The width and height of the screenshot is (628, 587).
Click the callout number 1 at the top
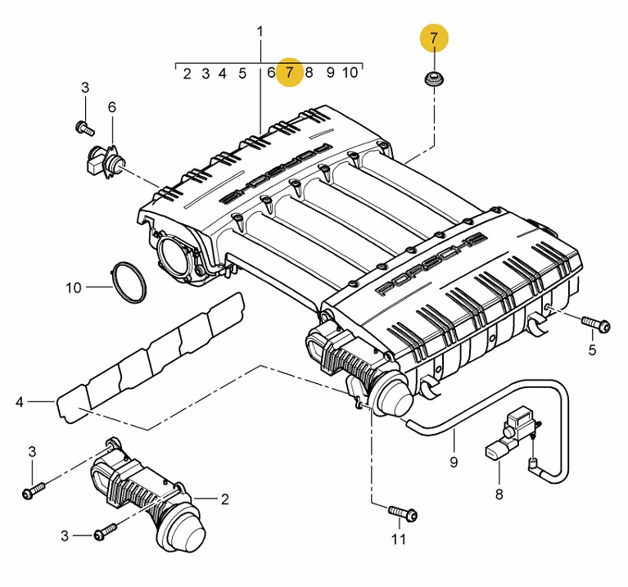[260, 32]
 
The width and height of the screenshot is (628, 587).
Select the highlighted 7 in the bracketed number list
[290, 73]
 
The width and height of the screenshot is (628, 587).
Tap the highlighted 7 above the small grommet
[434, 38]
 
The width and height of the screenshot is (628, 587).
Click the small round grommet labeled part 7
[434, 79]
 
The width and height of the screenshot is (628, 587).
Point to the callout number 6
[112, 107]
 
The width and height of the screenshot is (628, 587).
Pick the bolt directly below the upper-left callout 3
[84, 128]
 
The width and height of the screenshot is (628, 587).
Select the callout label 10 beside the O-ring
[74, 287]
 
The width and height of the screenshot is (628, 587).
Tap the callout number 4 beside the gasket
[20, 402]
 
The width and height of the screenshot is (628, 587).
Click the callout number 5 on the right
[592, 350]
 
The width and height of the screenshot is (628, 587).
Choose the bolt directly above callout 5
[595, 323]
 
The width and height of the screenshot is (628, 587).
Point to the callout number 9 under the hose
[454, 462]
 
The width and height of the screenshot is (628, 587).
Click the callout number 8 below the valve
[499, 494]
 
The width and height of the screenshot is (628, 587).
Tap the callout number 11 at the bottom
[399, 540]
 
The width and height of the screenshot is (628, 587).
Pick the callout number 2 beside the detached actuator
[224, 499]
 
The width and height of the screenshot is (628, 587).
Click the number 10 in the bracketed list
[350, 73]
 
